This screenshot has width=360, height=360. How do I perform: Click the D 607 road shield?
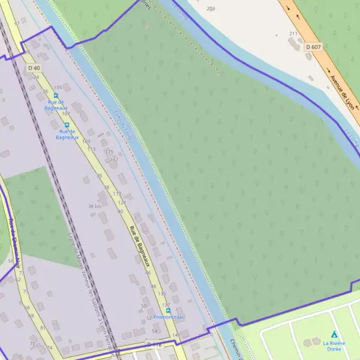pos(313,46)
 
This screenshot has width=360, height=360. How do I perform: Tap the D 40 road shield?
pos(34,68)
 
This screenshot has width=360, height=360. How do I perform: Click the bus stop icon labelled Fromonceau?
pos(168,310)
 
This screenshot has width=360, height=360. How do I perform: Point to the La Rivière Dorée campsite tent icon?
pos(334,334)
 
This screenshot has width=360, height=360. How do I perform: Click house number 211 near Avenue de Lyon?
pos(293,34)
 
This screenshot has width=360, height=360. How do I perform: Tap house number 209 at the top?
pos(210,8)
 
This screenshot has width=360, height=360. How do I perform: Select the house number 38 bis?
pos(95,206)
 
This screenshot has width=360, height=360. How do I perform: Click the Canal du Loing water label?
pos(122,125)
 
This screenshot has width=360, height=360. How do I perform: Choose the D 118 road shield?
pos(154,344)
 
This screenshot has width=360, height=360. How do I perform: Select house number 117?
pos(114,159)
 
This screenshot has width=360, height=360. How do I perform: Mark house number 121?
pos(122,203)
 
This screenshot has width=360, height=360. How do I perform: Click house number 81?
pos(43,328)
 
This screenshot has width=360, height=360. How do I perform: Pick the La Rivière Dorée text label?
pos(334,346)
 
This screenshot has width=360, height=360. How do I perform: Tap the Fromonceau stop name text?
pos(167,317)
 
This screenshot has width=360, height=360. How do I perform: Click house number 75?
pos(26,292)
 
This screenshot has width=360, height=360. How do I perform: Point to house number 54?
pos(154,331)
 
